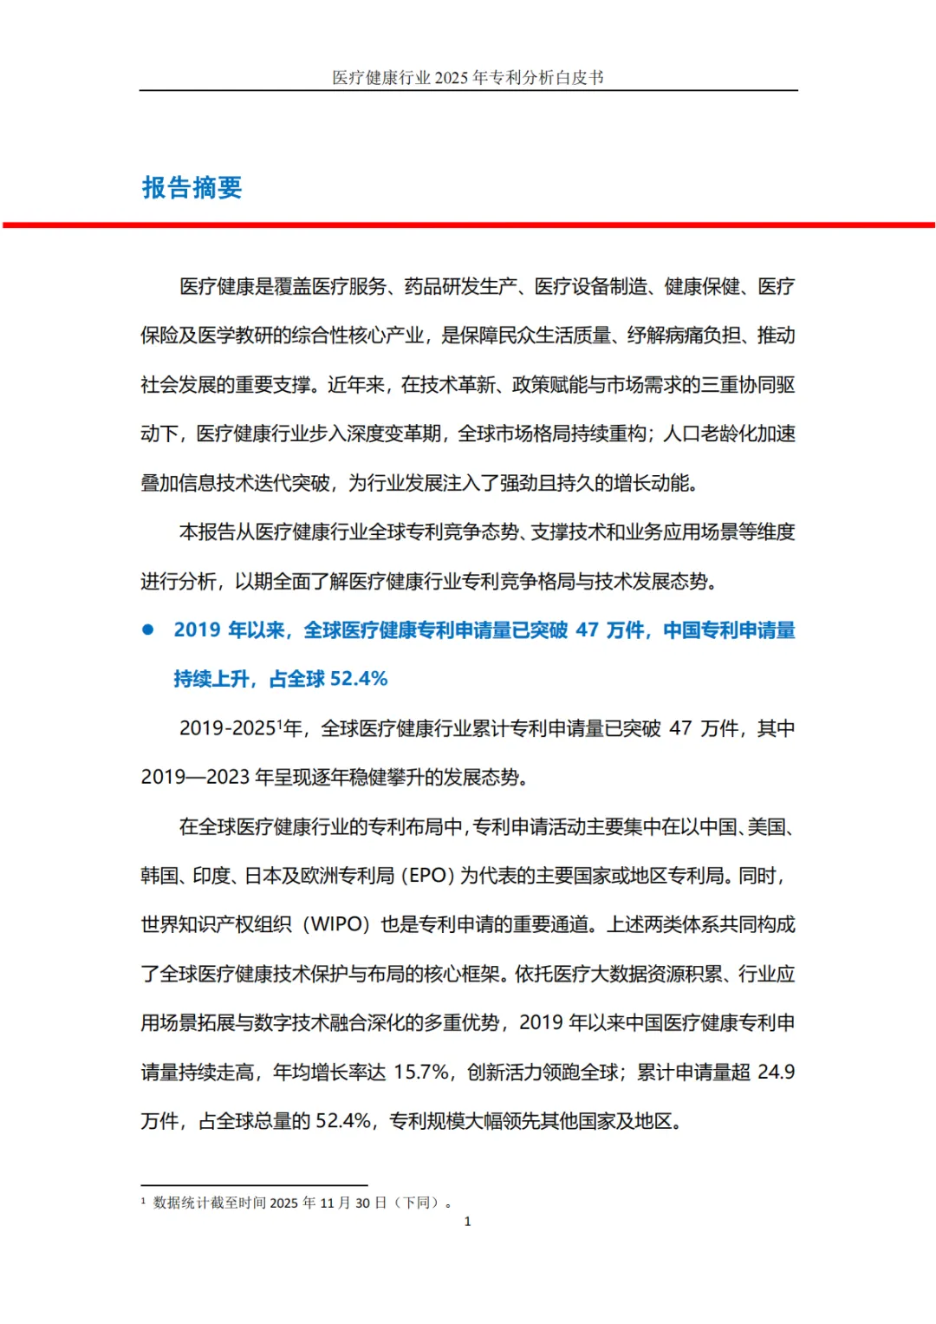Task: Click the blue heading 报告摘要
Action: [192, 187]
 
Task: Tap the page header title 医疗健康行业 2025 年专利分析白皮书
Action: [468, 78]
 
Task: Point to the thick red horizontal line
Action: [468, 225]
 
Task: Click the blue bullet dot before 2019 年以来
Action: [148, 630]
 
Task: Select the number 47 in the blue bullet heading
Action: [588, 630]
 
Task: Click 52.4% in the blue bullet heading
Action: [359, 679]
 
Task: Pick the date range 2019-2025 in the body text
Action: [227, 728]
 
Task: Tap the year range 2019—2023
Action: [195, 777]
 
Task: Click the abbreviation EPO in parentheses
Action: [427, 876]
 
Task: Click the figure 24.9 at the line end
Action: [776, 1073]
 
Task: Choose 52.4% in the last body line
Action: [343, 1121]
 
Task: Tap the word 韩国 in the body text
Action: [159, 876]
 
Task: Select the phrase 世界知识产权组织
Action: [216, 924]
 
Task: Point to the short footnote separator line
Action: [254, 1185]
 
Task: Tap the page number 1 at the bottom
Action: [468, 1222]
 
